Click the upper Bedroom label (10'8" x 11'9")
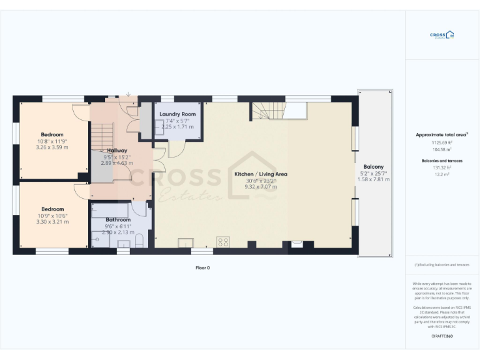tap(52, 135)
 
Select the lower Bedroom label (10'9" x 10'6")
tap(52, 209)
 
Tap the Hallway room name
tap(117, 151)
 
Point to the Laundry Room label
tap(177, 114)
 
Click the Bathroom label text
tap(117, 220)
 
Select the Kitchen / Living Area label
tap(261, 174)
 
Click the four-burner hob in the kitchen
tap(222, 241)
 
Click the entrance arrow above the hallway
tap(128, 95)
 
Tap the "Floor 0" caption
tap(202, 267)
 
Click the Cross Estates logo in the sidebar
tap(442, 35)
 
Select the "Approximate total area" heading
tap(441, 134)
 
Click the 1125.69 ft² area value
tap(442, 142)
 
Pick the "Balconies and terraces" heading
tap(442, 161)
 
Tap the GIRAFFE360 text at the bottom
tap(442, 337)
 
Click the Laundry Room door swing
tap(176, 149)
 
